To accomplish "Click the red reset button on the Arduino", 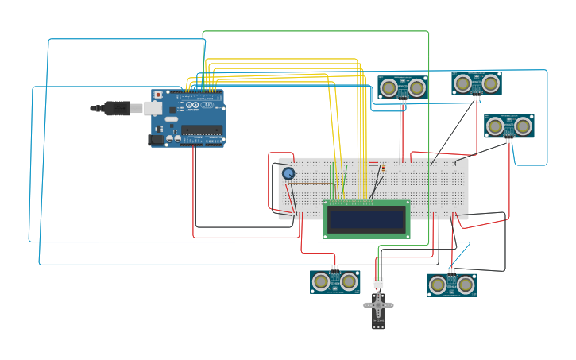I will [158, 95].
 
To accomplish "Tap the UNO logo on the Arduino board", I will [207, 105].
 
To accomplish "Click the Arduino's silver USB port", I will [153, 108].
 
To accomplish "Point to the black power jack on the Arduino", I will [156, 139].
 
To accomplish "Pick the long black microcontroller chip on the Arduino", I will [201, 130].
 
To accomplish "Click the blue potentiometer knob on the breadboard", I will [288, 173].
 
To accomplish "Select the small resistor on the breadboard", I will [383, 168].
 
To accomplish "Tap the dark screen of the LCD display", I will [366, 219].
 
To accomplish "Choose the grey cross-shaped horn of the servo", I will [378, 304].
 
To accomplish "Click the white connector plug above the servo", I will [378, 282].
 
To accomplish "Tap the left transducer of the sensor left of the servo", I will [321, 281].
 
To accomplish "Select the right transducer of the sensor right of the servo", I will [466, 285].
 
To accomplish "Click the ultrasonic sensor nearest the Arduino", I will [402, 87].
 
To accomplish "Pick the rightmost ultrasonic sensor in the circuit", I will [509, 126].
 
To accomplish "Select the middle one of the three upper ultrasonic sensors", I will [477, 83].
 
